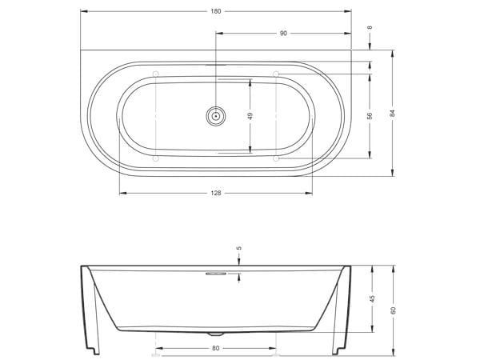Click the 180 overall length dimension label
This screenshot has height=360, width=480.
click(216, 11)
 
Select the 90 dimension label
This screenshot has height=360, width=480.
click(283, 33)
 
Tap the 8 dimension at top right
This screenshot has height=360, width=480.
click(370, 27)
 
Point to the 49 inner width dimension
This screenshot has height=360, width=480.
click(250, 116)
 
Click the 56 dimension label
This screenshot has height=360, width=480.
click(370, 116)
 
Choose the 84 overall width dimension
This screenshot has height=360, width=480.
click(393, 113)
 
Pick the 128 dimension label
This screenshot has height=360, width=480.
click(216, 193)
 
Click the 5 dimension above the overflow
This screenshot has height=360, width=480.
click(239, 248)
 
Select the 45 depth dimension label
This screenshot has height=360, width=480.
click(373, 298)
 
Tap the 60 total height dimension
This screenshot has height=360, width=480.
click(394, 310)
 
